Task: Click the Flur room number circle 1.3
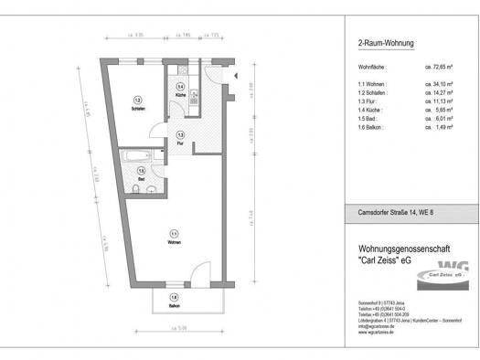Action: (x=181, y=133)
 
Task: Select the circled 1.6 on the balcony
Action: (x=174, y=297)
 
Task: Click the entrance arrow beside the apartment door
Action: (x=233, y=75)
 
